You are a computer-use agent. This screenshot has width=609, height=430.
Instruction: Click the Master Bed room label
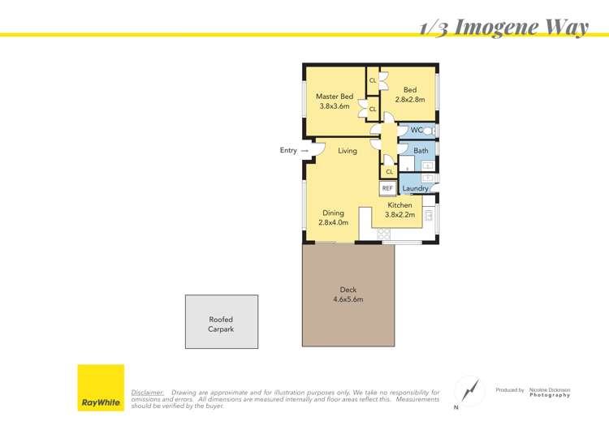pos(335,97)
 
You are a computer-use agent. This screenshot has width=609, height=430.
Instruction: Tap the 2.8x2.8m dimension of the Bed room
pos(410,99)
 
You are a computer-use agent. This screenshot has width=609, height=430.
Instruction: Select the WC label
pos(417,130)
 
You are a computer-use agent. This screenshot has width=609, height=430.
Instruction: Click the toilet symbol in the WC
pos(429,131)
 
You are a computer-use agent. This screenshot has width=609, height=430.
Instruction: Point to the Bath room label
pos(421,151)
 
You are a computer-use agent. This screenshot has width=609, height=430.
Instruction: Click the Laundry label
pos(415,188)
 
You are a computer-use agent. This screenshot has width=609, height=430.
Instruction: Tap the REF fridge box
pos(387,188)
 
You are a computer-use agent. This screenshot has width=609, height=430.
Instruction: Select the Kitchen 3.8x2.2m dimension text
pos(400,215)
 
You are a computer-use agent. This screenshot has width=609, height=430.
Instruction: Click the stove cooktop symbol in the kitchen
pos(384,234)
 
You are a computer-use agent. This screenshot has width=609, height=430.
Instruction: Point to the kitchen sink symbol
pos(429,215)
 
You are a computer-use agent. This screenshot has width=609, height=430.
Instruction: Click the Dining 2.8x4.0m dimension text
pos(333,222)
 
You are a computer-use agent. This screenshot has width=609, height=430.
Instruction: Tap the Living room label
pos(348,151)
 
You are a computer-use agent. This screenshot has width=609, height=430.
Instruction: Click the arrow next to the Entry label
pos(304,151)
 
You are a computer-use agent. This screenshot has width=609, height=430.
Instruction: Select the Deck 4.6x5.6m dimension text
pos(348,299)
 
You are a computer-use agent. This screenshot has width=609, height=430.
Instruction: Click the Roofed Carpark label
pos(221,324)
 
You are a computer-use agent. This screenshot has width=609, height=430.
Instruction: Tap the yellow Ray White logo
pos(101,388)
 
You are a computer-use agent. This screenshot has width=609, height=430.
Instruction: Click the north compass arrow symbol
pos(470,390)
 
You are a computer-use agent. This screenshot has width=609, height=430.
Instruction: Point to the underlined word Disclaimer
pos(148,393)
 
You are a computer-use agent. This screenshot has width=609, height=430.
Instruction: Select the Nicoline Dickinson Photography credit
pos(550,393)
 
